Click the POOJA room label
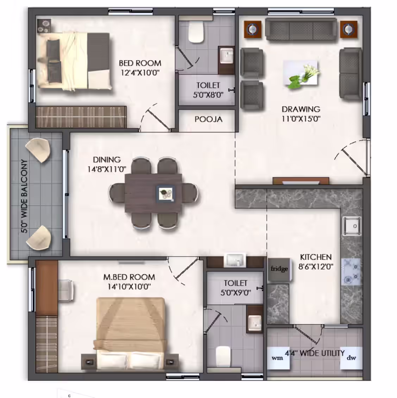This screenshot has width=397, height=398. click(x=208, y=119)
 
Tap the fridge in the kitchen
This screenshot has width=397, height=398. click(x=279, y=269)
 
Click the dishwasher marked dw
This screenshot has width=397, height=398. click(x=351, y=357)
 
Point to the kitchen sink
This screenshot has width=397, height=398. click(x=352, y=226)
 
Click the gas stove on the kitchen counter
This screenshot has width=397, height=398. click(x=351, y=272)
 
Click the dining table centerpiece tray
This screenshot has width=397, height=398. click(x=165, y=194)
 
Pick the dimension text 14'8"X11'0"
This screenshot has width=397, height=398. click(x=107, y=169)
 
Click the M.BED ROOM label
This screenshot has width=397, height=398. click(x=129, y=277)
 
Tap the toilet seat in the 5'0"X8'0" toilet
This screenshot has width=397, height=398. click(x=196, y=32)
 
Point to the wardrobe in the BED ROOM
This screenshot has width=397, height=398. click(x=81, y=117)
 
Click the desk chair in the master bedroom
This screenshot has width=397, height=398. click(x=66, y=290)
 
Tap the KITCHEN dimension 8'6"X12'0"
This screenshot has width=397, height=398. click(x=316, y=267)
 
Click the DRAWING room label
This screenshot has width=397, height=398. click(x=301, y=109)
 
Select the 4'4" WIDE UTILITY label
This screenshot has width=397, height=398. click(x=315, y=353)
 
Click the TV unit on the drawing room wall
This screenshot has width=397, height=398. click(x=301, y=181)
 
